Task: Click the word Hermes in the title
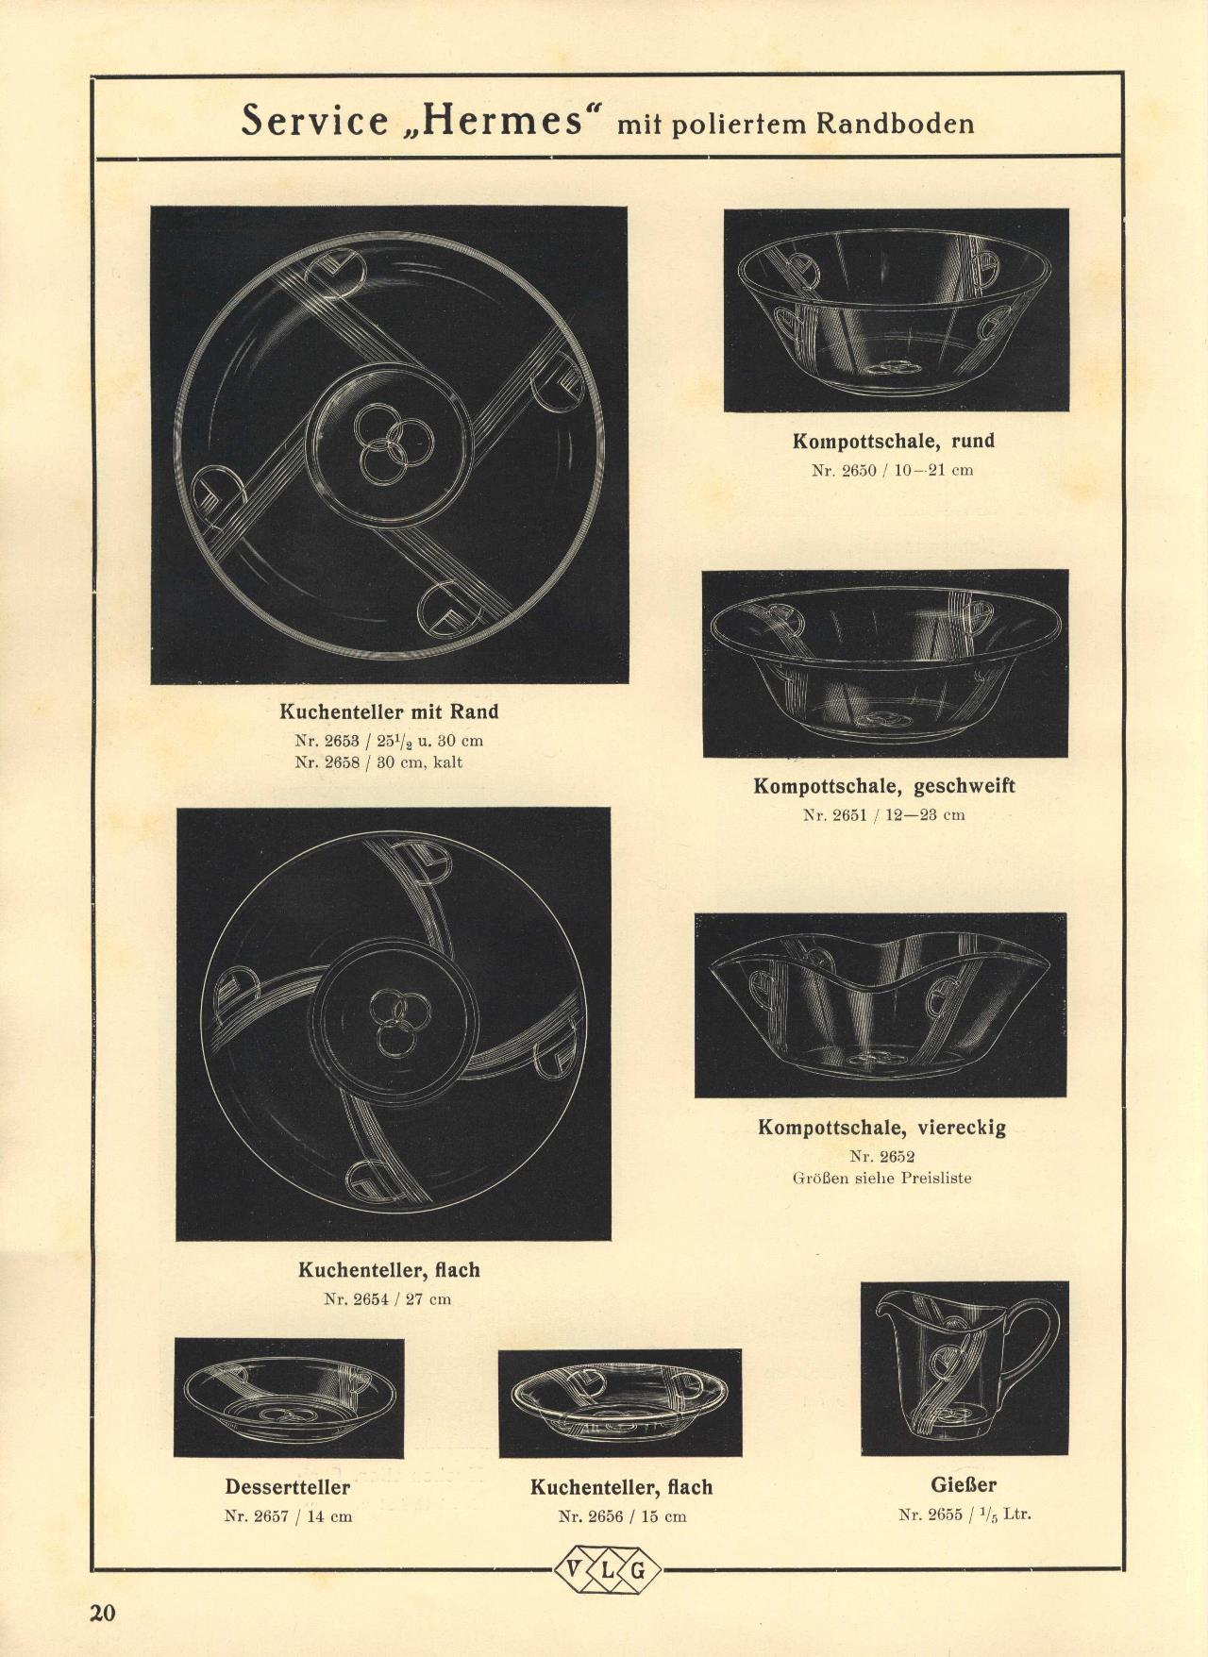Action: click(502, 121)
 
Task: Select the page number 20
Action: click(102, 1613)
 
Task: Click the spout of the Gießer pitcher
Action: click(887, 1306)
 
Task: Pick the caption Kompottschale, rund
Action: click(893, 441)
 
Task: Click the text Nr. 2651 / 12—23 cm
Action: click(883, 814)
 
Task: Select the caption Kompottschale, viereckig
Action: click(881, 1127)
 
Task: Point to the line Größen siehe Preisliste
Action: click(881, 1178)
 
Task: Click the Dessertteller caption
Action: click(287, 1487)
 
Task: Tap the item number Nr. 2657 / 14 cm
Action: click(288, 1516)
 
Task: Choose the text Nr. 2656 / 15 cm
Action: click(622, 1516)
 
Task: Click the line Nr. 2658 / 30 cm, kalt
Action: click(378, 762)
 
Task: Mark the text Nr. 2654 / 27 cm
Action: click(387, 1299)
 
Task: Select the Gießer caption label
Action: click(964, 1484)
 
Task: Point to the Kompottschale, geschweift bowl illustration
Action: click(885, 664)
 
